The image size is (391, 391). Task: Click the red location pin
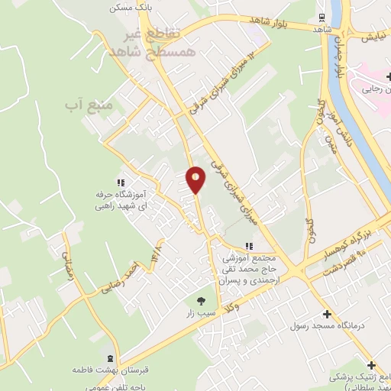point(196,179)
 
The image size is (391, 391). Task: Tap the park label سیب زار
point(202,314)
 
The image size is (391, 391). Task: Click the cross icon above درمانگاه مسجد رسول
point(327,314)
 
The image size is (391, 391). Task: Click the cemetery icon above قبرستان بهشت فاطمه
point(111,357)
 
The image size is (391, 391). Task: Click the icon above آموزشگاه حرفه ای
point(120,183)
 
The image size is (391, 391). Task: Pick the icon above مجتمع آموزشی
point(247,246)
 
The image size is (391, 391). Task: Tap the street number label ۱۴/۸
point(158,249)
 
